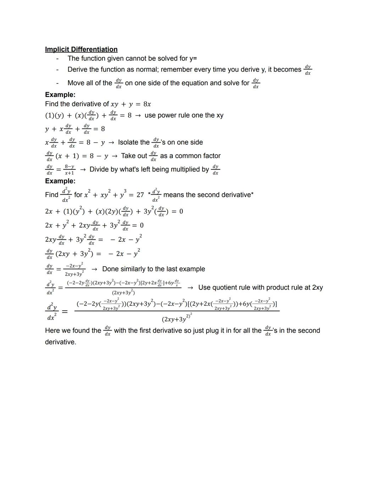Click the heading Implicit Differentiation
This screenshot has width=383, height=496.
(81, 49)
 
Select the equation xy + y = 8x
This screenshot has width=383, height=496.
(131, 104)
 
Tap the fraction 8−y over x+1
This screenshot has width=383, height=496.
(70, 169)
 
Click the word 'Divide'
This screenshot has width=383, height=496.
(100, 169)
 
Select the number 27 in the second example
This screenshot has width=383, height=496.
(140, 195)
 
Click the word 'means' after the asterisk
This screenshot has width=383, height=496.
(174, 195)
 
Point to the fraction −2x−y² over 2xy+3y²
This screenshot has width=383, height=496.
(74, 269)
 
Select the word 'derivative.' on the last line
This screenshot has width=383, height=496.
(61, 342)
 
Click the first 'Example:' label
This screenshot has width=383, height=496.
(60, 94)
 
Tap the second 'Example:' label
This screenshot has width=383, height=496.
(60, 181)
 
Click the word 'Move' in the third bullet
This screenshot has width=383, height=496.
(76, 83)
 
